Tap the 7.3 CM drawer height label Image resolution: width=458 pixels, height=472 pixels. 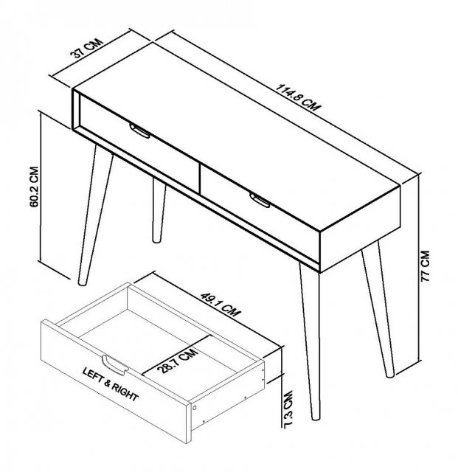tap(288, 411)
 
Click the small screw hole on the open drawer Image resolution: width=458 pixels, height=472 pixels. tap(194, 406)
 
